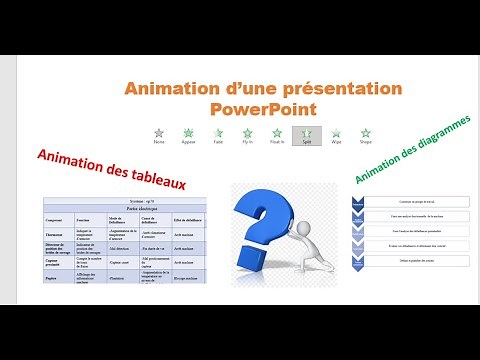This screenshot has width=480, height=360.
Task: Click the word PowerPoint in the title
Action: pyautogui.click(x=265, y=107)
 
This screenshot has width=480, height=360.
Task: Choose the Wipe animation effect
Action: pyautogui.click(x=337, y=131)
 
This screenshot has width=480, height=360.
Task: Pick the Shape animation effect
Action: pyautogui.click(x=366, y=131)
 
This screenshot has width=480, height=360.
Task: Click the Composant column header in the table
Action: pyautogui.click(x=54, y=219)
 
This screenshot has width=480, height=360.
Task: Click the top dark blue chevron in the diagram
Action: pyautogui.click(x=358, y=202)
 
